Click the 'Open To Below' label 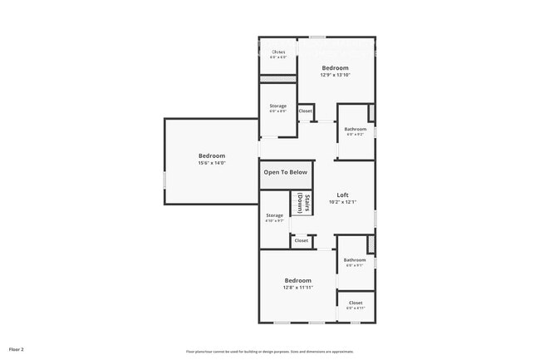pyautogui.click(x=285, y=172)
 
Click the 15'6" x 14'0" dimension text pyautogui.click(x=211, y=163)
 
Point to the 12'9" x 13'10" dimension pyautogui.click(x=335, y=75)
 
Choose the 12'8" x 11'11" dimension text pyautogui.click(x=298, y=288)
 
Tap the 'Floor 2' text pyautogui.click(x=17, y=349)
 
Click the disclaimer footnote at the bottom pyautogui.click(x=269, y=351)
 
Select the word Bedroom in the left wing pyautogui.click(x=211, y=155)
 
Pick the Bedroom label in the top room pyautogui.click(x=335, y=67)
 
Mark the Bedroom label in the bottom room pyautogui.click(x=298, y=280)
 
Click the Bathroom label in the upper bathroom pyautogui.click(x=355, y=129)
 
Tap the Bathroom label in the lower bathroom pyautogui.click(x=355, y=259)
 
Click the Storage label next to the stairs pyautogui.click(x=274, y=215)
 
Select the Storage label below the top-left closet pyautogui.click(x=277, y=106)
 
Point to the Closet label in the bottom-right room pyautogui.click(x=356, y=303)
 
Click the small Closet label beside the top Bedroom pyautogui.click(x=305, y=111)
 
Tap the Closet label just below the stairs pyautogui.click(x=301, y=240)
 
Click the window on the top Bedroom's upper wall pyautogui.click(x=317, y=37)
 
